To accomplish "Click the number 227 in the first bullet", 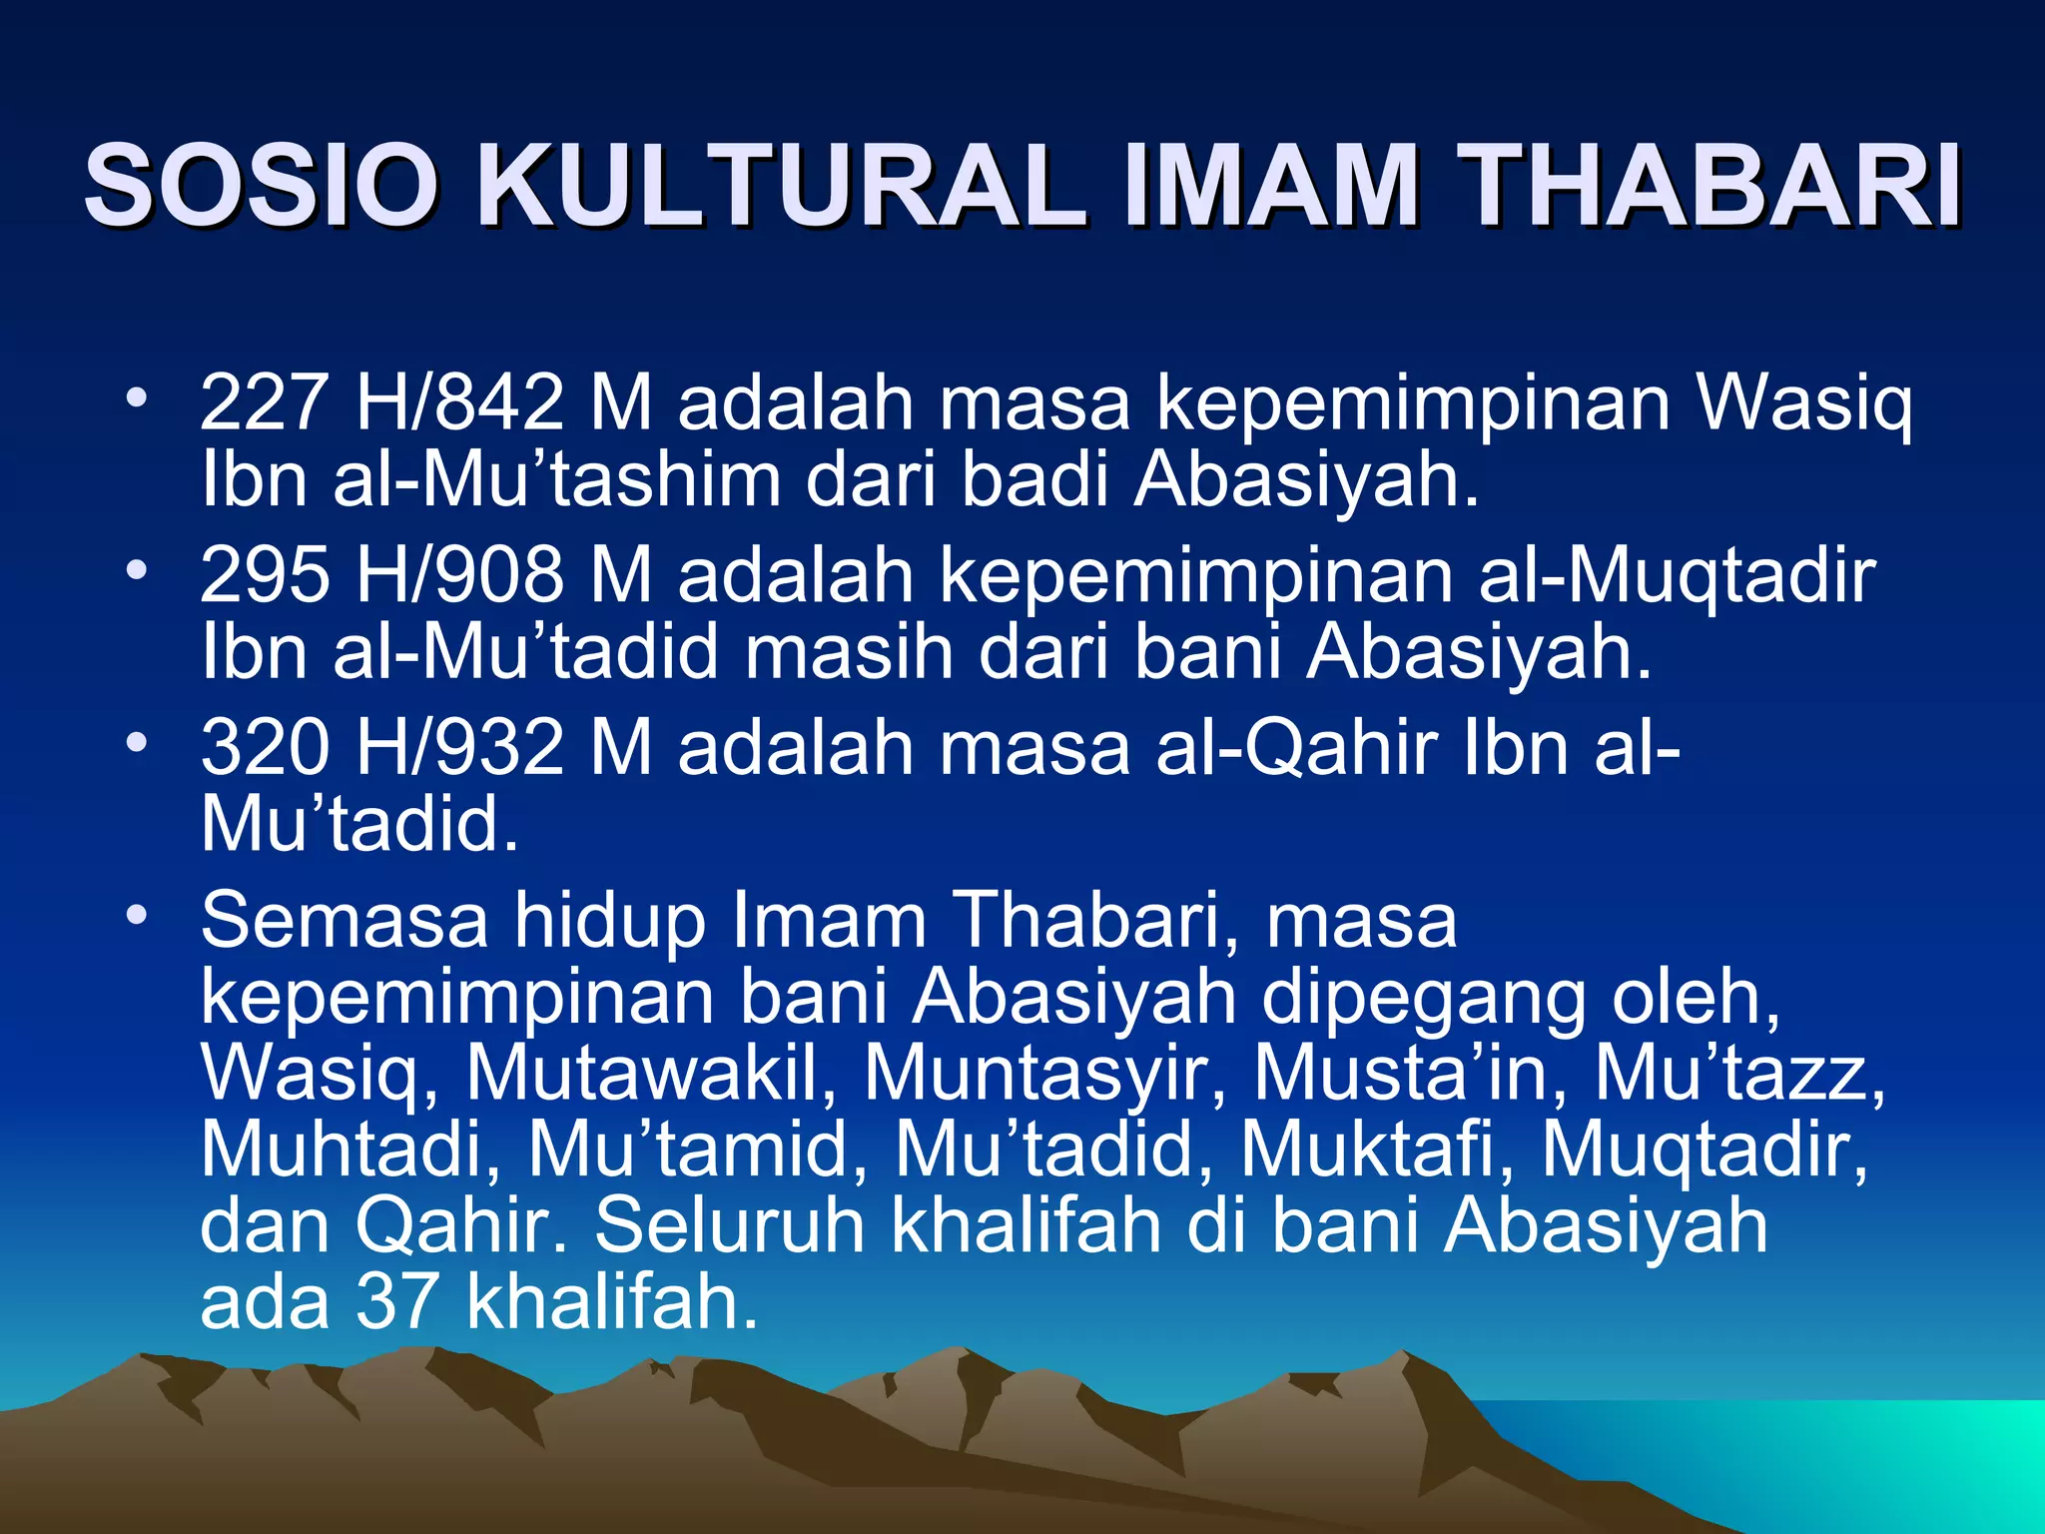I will [x=264, y=402].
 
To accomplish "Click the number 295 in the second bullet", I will [x=264, y=575].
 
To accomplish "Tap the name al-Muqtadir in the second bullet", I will [x=1677, y=575].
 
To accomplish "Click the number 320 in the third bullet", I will [x=264, y=747].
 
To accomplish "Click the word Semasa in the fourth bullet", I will [x=344, y=920].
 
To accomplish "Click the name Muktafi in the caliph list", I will [x=1377, y=1150].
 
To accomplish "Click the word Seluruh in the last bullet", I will [x=730, y=1225].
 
